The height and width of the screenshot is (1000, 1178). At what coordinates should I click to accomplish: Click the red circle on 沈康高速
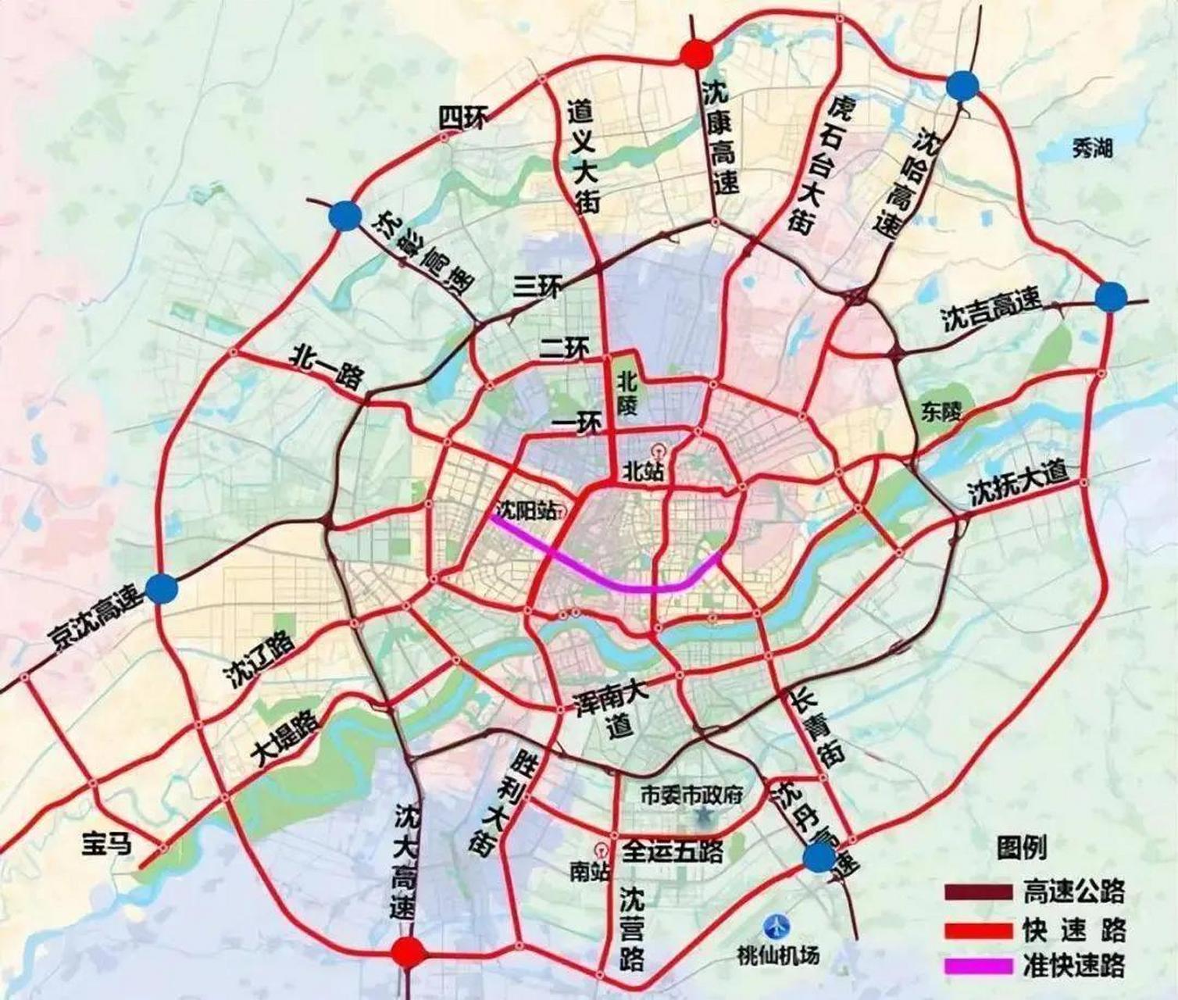point(695,53)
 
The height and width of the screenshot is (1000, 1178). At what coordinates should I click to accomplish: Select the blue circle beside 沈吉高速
point(1111,297)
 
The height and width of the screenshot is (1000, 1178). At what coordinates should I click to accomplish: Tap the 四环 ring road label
point(462,119)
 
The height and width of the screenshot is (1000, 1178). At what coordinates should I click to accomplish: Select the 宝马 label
point(107,844)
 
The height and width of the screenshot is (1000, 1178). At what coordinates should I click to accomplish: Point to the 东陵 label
point(937,412)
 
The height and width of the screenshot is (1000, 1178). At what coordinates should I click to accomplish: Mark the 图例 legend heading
point(1021,848)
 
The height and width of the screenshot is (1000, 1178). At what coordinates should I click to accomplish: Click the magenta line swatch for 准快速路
point(978,966)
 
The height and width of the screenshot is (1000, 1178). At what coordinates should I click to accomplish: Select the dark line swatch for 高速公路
point(978,891)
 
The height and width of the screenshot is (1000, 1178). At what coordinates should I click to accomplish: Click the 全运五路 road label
point(673,851)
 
